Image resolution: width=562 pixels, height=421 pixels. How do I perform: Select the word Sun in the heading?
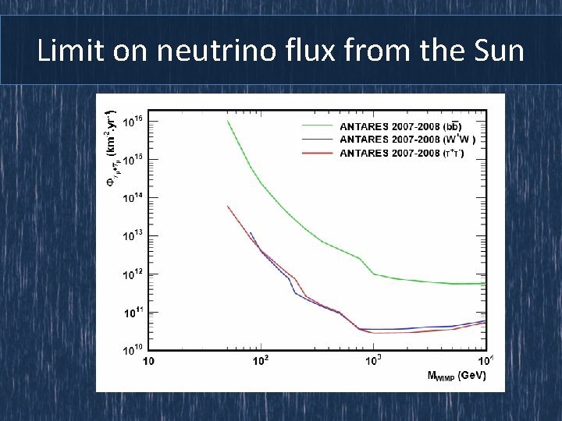tap(497, 51)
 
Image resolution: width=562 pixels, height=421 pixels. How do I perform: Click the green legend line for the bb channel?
tap(318, 126)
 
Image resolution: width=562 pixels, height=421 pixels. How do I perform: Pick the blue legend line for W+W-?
tap(318, 139)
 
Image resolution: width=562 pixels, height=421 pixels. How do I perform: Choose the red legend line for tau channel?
tap(318, 153)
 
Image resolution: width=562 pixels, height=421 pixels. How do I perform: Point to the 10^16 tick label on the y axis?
tap(133, 121)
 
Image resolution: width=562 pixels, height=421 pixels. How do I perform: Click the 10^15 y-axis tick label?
tap(133, 160)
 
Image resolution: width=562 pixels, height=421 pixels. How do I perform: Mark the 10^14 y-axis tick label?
tap(133, 198)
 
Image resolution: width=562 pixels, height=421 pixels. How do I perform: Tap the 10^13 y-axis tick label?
tap(133, 236)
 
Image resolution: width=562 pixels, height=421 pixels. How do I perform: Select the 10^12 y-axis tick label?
tap(133, 274)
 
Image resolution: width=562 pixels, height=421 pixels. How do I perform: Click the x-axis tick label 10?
tap(148, 361)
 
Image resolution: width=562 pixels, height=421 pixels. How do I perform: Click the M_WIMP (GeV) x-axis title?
tap(457, 376)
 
